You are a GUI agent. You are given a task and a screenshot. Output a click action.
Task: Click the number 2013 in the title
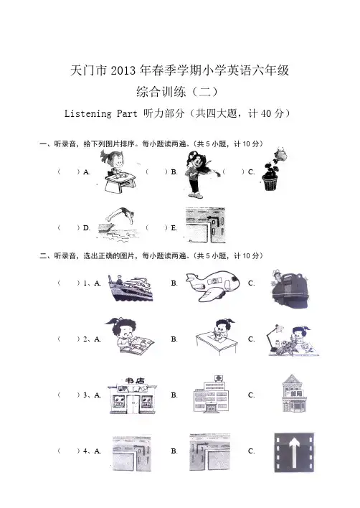123,70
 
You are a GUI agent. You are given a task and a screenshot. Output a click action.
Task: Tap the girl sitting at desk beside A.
118,172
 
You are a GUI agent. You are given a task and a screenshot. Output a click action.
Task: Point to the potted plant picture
273,170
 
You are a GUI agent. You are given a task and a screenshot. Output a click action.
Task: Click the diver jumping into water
118,225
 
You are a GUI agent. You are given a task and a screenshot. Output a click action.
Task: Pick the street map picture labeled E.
206,225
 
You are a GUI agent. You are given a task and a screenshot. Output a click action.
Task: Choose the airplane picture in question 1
212,286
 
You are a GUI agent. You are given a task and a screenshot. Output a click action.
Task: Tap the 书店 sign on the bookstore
135,380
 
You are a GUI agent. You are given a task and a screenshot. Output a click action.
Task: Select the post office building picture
293,393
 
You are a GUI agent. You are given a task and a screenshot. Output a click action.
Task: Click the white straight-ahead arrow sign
294,452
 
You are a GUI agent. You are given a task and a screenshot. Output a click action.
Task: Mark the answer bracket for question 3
69,395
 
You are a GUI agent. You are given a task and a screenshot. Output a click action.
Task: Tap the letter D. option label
87,227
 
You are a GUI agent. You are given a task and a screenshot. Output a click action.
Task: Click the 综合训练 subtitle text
161,92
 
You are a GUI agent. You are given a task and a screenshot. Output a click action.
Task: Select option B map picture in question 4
209,452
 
